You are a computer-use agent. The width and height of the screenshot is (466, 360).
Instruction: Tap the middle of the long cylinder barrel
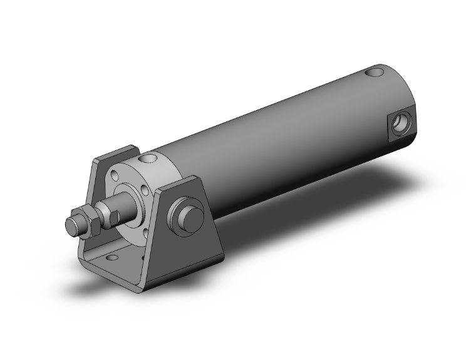276,144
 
